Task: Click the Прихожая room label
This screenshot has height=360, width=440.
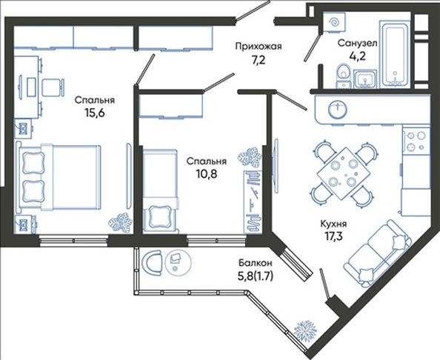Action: pos(258,47)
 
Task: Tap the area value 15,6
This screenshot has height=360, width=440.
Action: pos(94,113)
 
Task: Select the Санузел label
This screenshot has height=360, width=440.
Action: pos(357,43)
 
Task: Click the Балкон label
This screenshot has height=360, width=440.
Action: pos(256,263)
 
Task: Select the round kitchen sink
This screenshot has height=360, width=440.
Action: pos(337,110)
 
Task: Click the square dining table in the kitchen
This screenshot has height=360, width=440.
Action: pos(344,173)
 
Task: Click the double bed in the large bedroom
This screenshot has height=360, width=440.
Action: pos(59,177)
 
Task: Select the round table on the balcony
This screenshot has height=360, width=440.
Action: pos(178,261)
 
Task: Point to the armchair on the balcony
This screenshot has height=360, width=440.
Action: pos(153,263)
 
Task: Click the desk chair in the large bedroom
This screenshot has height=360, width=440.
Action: pos(53,87)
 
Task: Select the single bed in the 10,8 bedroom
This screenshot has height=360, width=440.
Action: pos(160,191)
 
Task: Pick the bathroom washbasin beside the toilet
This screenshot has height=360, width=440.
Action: pos(364,79)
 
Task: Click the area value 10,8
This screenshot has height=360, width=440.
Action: pos(207,174)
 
